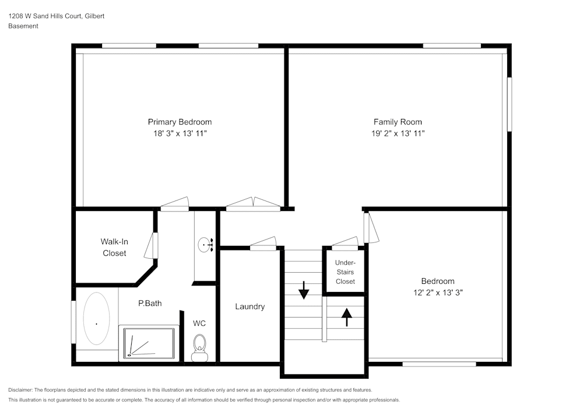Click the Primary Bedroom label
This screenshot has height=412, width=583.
[x=180, y=122]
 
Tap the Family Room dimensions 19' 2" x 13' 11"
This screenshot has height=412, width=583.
[x=398, y=133]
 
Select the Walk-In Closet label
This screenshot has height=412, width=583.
[x=114, y=247]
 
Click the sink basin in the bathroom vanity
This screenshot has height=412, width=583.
[x=205, y=245]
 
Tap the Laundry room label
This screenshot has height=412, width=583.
[x=250, y=307]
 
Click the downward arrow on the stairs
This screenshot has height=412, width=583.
[x=303, y=289]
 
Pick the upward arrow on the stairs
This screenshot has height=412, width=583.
[x=347, y=317]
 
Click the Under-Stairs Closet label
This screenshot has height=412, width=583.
[x=345, y=272]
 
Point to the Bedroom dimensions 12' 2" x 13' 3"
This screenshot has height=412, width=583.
[x=438, y=293]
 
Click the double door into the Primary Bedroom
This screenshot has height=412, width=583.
[x=253, y=203]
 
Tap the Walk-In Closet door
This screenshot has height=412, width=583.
[x=154, y=245]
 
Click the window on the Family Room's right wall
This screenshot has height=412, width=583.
[x=509, y=104]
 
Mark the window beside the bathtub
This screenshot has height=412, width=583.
[x=73, y=322]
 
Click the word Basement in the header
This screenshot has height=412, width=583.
[x=23, y=26]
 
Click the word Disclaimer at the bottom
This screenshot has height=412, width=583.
[x=20, y=390]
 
